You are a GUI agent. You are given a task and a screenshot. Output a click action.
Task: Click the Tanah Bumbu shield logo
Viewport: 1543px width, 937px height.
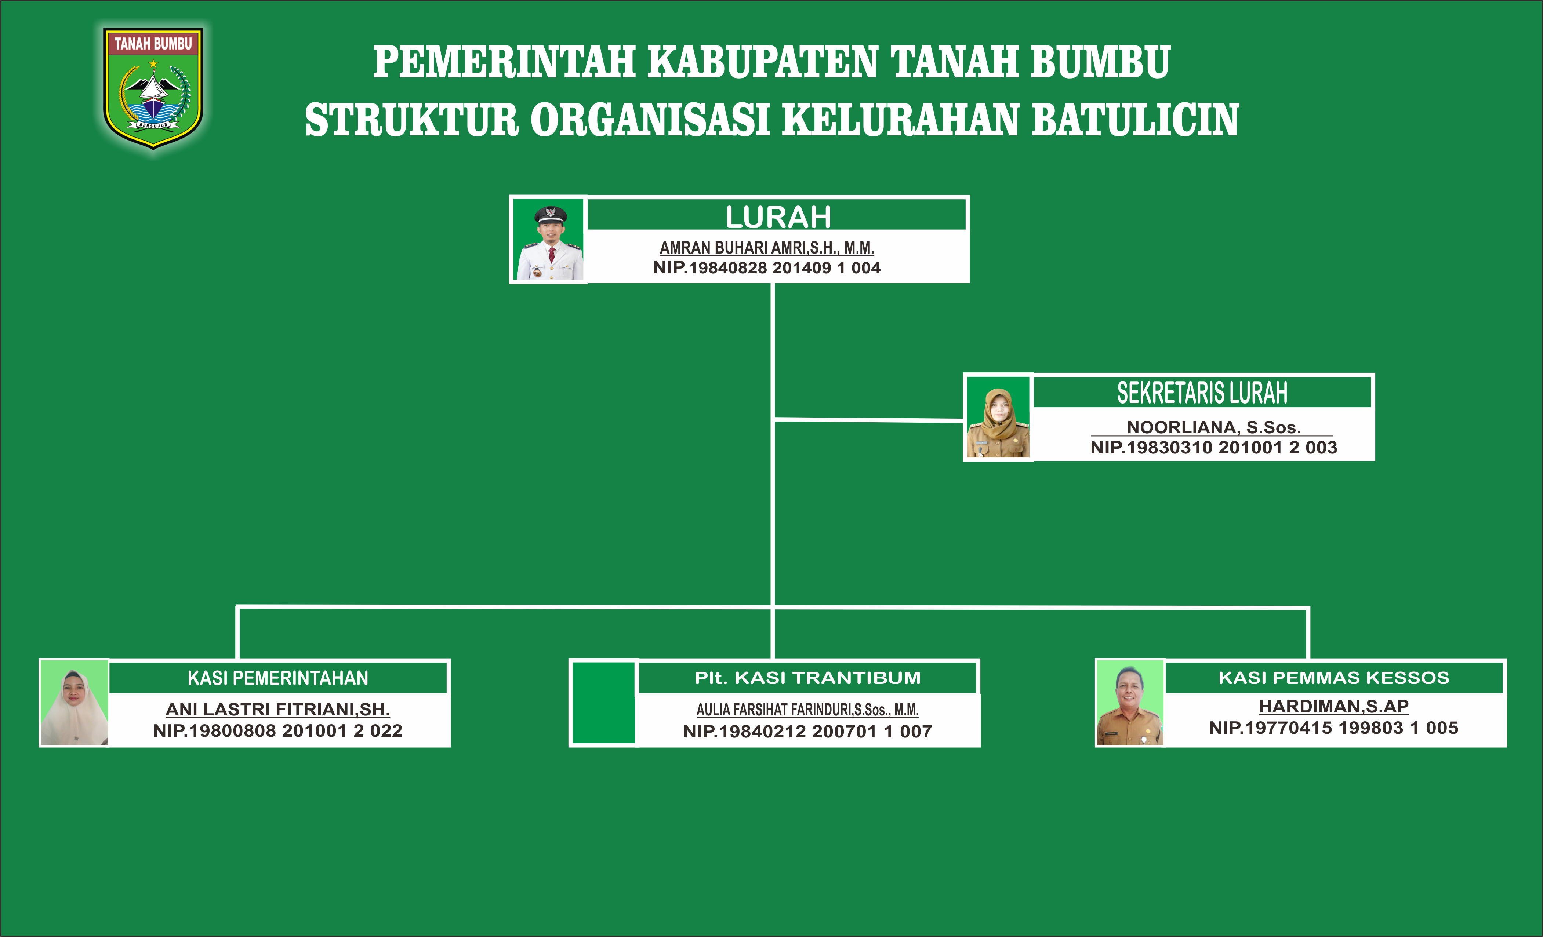[153, 88]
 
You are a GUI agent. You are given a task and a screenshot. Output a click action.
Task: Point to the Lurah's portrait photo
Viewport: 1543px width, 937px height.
[549, 240]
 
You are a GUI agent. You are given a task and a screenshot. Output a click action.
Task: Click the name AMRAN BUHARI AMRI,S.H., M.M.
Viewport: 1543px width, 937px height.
[766, 248]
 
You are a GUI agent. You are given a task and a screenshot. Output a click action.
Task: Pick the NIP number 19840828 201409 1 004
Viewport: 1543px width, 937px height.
[766, 268]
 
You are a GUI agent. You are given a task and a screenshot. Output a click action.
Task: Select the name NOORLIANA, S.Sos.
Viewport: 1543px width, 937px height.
[1214, 427]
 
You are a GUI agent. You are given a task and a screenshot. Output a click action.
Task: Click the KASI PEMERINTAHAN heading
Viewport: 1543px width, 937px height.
[278, 678]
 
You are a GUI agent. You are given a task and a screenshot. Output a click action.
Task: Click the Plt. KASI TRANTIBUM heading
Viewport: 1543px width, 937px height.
[808, 678]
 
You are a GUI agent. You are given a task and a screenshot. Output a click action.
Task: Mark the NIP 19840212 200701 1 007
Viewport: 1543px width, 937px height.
[807, 731]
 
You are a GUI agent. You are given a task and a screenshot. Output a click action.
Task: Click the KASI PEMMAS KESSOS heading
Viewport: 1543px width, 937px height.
[1334, 678]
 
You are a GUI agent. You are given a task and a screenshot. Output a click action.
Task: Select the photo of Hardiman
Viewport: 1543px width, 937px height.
[1130, 703]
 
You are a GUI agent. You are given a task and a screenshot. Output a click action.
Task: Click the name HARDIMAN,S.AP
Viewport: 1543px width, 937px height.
[1334, 706]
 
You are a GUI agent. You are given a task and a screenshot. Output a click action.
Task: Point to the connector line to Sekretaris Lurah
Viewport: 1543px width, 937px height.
[868, 419]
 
